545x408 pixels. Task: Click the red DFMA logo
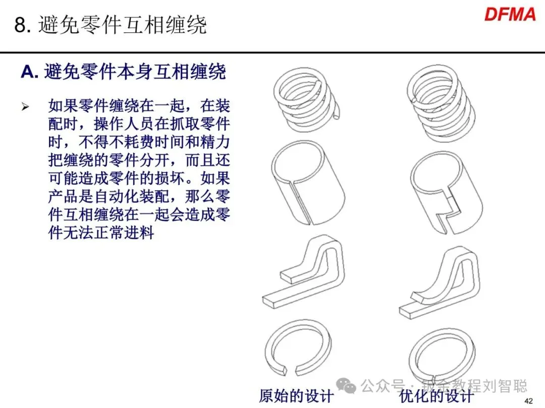(510, 14)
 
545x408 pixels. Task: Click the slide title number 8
(20, 25)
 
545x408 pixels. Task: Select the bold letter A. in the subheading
(30, 73)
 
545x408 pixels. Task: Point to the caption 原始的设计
(296, 395)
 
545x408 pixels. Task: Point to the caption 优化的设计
(437, 395)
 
